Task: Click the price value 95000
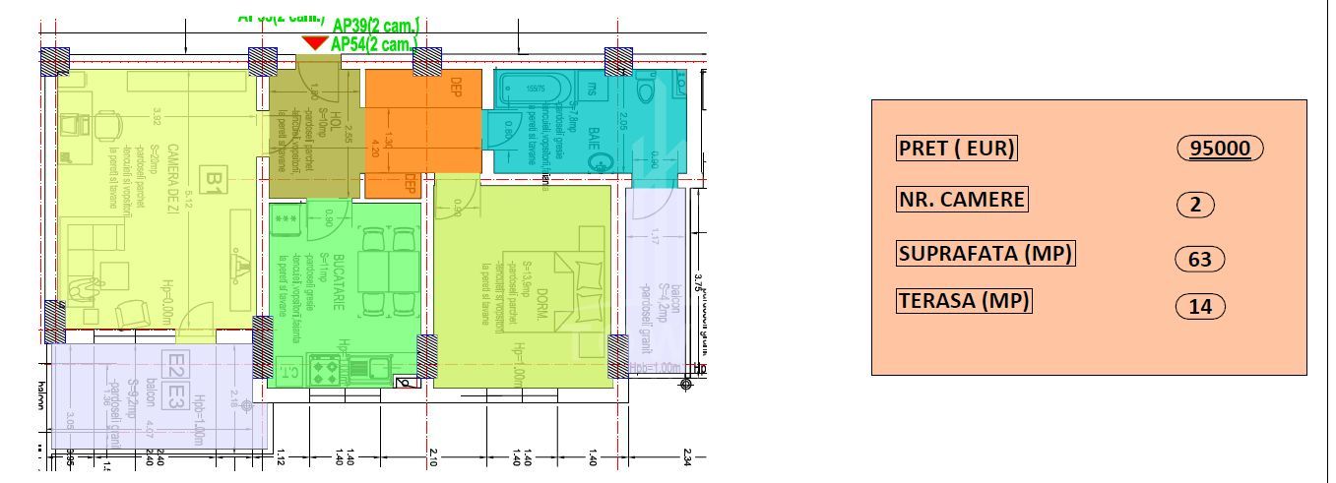pyautogui.click(x=1220, y=149)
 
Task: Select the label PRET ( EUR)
pyautogui.click(x=956, y=149)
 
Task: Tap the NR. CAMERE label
pyautogui.click(x=961, y=200)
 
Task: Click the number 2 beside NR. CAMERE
pyautogui.click(x=1195, y=206)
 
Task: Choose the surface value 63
pyautogui.click(x=1200, y=260)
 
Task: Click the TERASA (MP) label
pyautogui.click(x=964, y=301)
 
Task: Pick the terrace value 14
pyautogui.click(x=1200, y=307)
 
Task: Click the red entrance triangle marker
pyautogui.click(x=314, y=42)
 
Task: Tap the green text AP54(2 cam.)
pyautogui.click(x=374, y=44)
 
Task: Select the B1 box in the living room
pyautogui.click(x=213, y=180)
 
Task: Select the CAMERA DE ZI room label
pyautogui.click(x=171, y=177)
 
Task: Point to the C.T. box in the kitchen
pyautogui.click(x=290, y=371)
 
